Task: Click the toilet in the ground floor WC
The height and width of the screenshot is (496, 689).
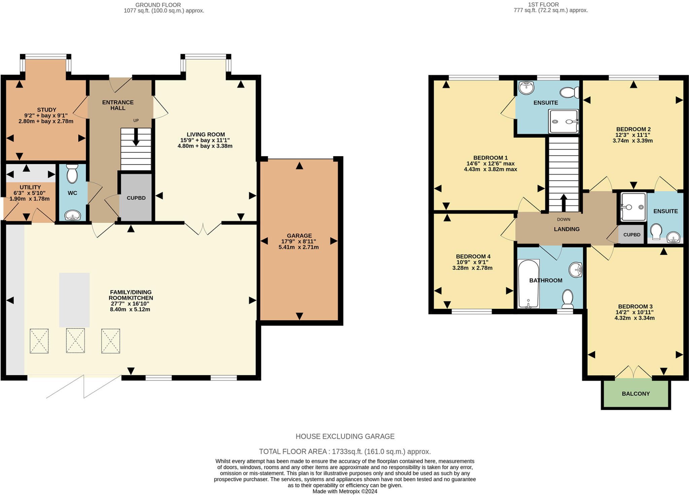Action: (x=72, y=174)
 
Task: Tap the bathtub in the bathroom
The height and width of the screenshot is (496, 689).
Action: (x=528, y=284)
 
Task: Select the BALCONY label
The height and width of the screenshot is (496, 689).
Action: (x=636, y=394)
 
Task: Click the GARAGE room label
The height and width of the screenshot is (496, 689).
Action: (x=299, y=236)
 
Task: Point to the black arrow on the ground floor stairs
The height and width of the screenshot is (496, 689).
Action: (x=136, y=137)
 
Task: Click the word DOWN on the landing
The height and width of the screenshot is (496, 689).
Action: (x=564, y=219)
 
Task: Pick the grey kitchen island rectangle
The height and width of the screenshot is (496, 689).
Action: (x=74, y=300)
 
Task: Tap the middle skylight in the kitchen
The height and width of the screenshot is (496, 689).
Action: (x=75, y=341)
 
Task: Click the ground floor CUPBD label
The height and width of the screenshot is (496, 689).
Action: (x=136, y=198)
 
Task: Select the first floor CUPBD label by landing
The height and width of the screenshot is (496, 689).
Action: (x=631, y=235)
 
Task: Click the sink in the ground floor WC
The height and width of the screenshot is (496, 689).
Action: (x=72, y=215)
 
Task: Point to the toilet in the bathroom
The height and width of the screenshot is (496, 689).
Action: (x=568, y=298)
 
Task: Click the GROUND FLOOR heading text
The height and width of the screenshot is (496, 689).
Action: (x=158, y=5)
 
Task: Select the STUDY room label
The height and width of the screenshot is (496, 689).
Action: (x=46, y=110)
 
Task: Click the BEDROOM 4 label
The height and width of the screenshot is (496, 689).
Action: (x=473, y=256)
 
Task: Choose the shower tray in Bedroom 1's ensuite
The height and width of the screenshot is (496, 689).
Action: (x=563, y=121)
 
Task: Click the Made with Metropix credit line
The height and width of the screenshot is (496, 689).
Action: (x=344, y=491)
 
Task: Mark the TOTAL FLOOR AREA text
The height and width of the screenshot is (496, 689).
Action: (x=344, y=451)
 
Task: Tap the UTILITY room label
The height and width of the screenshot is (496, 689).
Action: (x=30, y=187)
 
